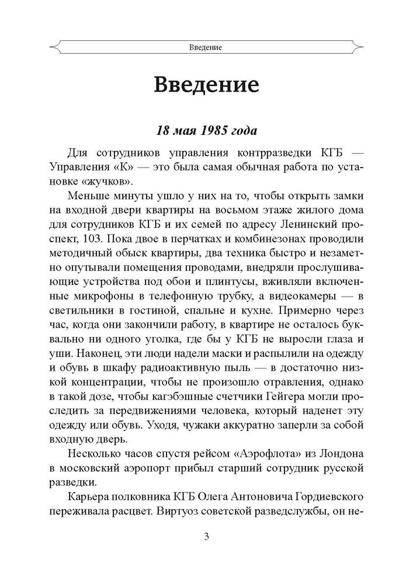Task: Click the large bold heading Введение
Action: coord(206,85)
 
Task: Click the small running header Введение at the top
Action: coord(206,46)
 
